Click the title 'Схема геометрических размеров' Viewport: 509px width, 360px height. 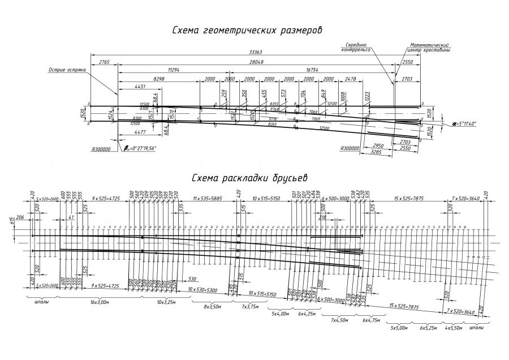[x=247, y=31]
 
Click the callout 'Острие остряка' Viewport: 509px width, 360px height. [x=67, y=70]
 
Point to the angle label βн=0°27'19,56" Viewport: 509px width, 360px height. [x=140, y=148]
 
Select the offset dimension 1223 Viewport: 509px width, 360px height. [x=367, y=97]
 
